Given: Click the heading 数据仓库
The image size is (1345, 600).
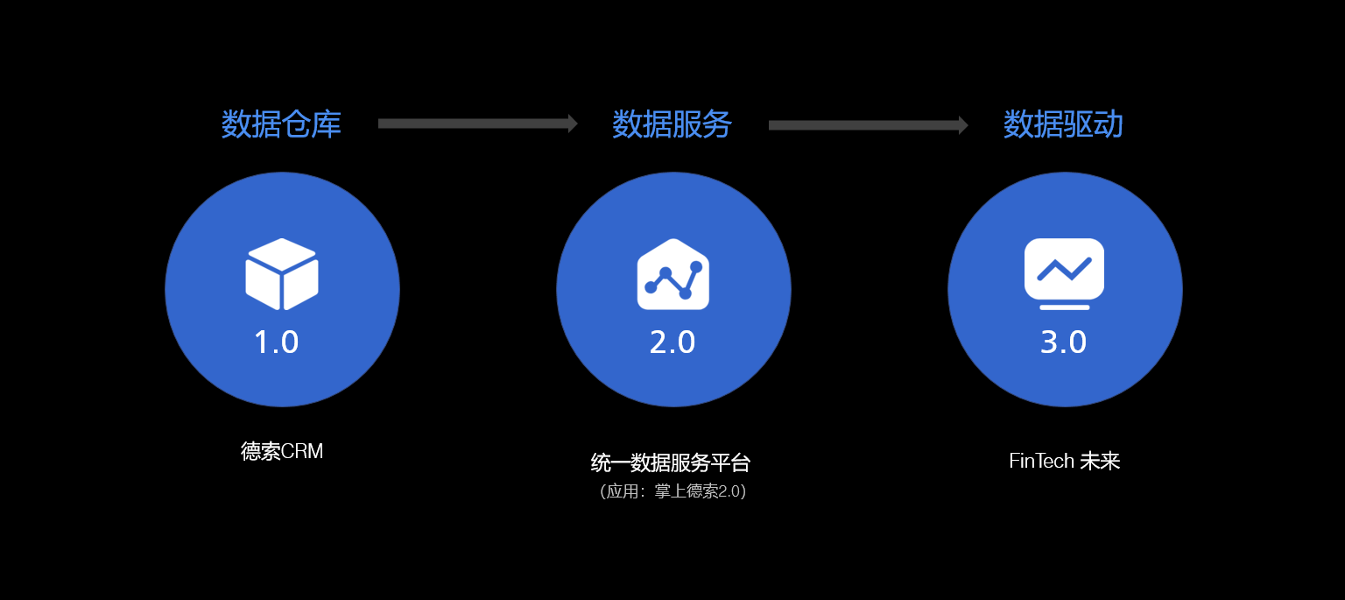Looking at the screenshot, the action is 281,124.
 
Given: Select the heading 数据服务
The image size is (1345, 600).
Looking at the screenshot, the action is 672,124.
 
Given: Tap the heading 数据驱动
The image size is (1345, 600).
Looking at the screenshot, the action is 1063,124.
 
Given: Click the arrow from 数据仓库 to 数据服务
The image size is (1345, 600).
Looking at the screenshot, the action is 478,124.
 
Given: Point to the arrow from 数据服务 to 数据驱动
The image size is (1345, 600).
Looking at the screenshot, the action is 869,125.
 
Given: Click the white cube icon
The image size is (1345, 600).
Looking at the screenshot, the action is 282,274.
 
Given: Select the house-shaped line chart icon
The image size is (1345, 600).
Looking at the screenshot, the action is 673,274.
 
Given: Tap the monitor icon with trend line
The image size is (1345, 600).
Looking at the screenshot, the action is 1064,274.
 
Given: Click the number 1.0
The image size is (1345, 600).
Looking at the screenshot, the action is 276,342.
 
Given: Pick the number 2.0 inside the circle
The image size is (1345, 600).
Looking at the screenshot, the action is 672,342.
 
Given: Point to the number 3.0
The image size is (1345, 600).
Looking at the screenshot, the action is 1063,342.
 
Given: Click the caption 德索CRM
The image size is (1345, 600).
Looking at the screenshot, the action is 282,451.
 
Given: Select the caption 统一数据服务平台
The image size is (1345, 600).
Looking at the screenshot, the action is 671,462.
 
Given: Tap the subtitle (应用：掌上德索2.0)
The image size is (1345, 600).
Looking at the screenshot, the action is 672,491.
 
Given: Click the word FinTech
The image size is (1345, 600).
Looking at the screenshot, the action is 1041,461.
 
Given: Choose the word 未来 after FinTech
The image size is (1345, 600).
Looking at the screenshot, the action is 1100,461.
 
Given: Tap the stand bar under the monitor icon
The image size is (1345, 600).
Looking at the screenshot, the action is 1064,307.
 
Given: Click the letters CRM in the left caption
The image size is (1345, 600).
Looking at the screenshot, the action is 302,451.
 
